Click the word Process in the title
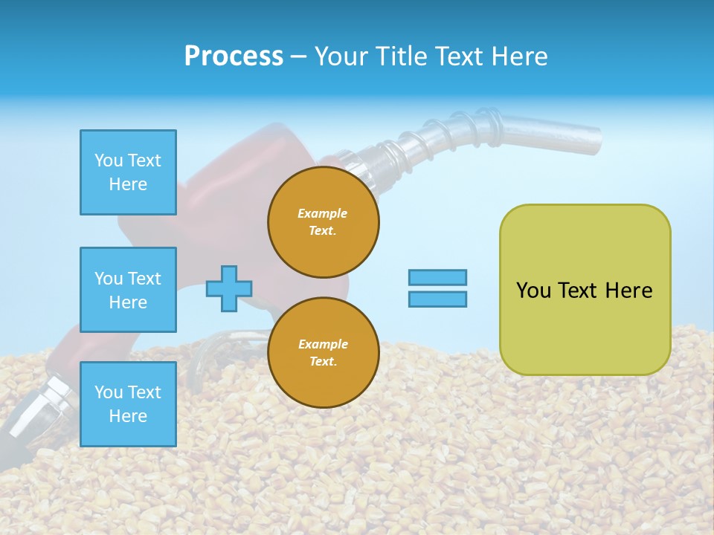(x=234, y=56)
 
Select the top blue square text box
(x=128, y=172)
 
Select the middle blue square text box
(x=128, y=290)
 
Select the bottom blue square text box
(x=128, y=404)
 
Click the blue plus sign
(x=229, y=288)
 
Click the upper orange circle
(x=324, y=222)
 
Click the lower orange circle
(x=324, y=353)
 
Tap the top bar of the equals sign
(x=437, y=277)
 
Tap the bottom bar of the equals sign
(x=437, y=299)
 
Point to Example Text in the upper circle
(x=323, y=222)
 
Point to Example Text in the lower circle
(x=323, y=353)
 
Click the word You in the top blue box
(x=108, y=160)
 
